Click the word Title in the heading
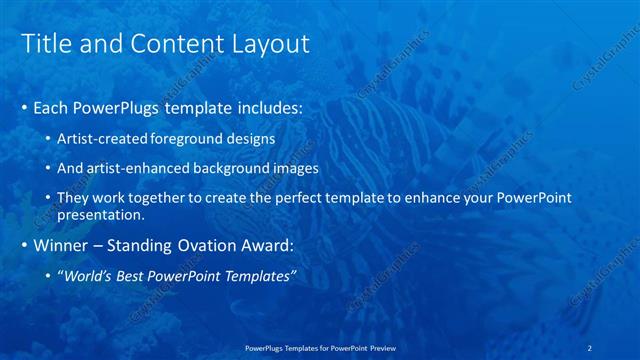44,44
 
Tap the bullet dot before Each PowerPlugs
24,106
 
